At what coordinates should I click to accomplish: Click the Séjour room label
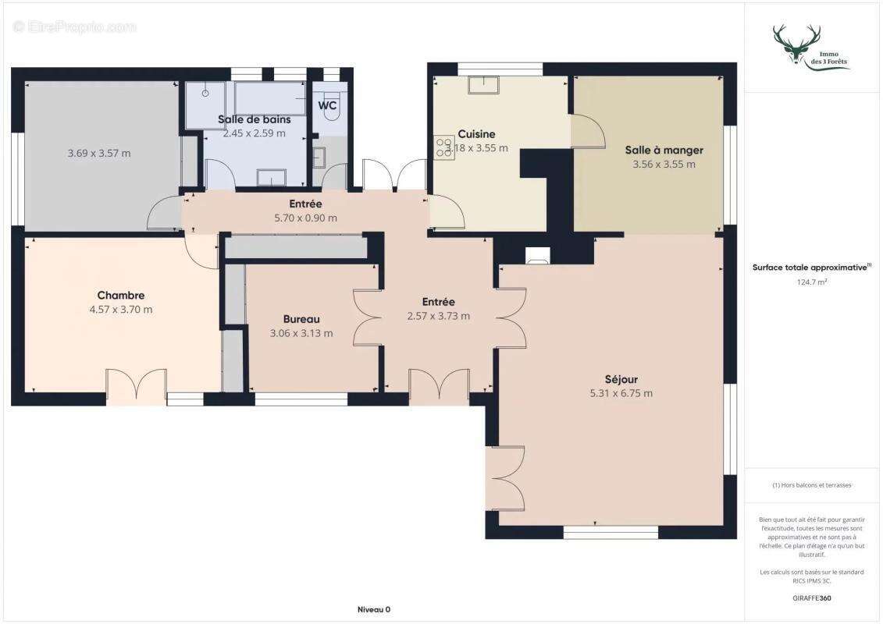[621, 379]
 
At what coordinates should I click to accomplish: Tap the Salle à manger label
[664, 150]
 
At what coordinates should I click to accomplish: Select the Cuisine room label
[476, 134]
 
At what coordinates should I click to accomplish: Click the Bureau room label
[301, 319]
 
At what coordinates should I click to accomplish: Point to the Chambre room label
[120, 296]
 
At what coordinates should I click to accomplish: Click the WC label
[327, 105]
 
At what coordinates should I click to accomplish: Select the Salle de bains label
[254, 119]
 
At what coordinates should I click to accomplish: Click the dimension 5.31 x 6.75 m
[621, 394]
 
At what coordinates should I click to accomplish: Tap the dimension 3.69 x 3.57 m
[99, 154]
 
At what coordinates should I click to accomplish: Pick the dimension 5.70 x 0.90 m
[305, 218]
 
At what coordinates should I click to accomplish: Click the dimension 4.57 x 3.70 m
[120, 310]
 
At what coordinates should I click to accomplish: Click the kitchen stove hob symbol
[444, 147]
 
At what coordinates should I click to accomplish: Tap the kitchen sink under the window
[488, 83]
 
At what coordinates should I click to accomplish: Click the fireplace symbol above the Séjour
[537, 254]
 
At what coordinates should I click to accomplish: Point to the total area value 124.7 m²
[812, 282]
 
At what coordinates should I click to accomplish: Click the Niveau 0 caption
[374, 609]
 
